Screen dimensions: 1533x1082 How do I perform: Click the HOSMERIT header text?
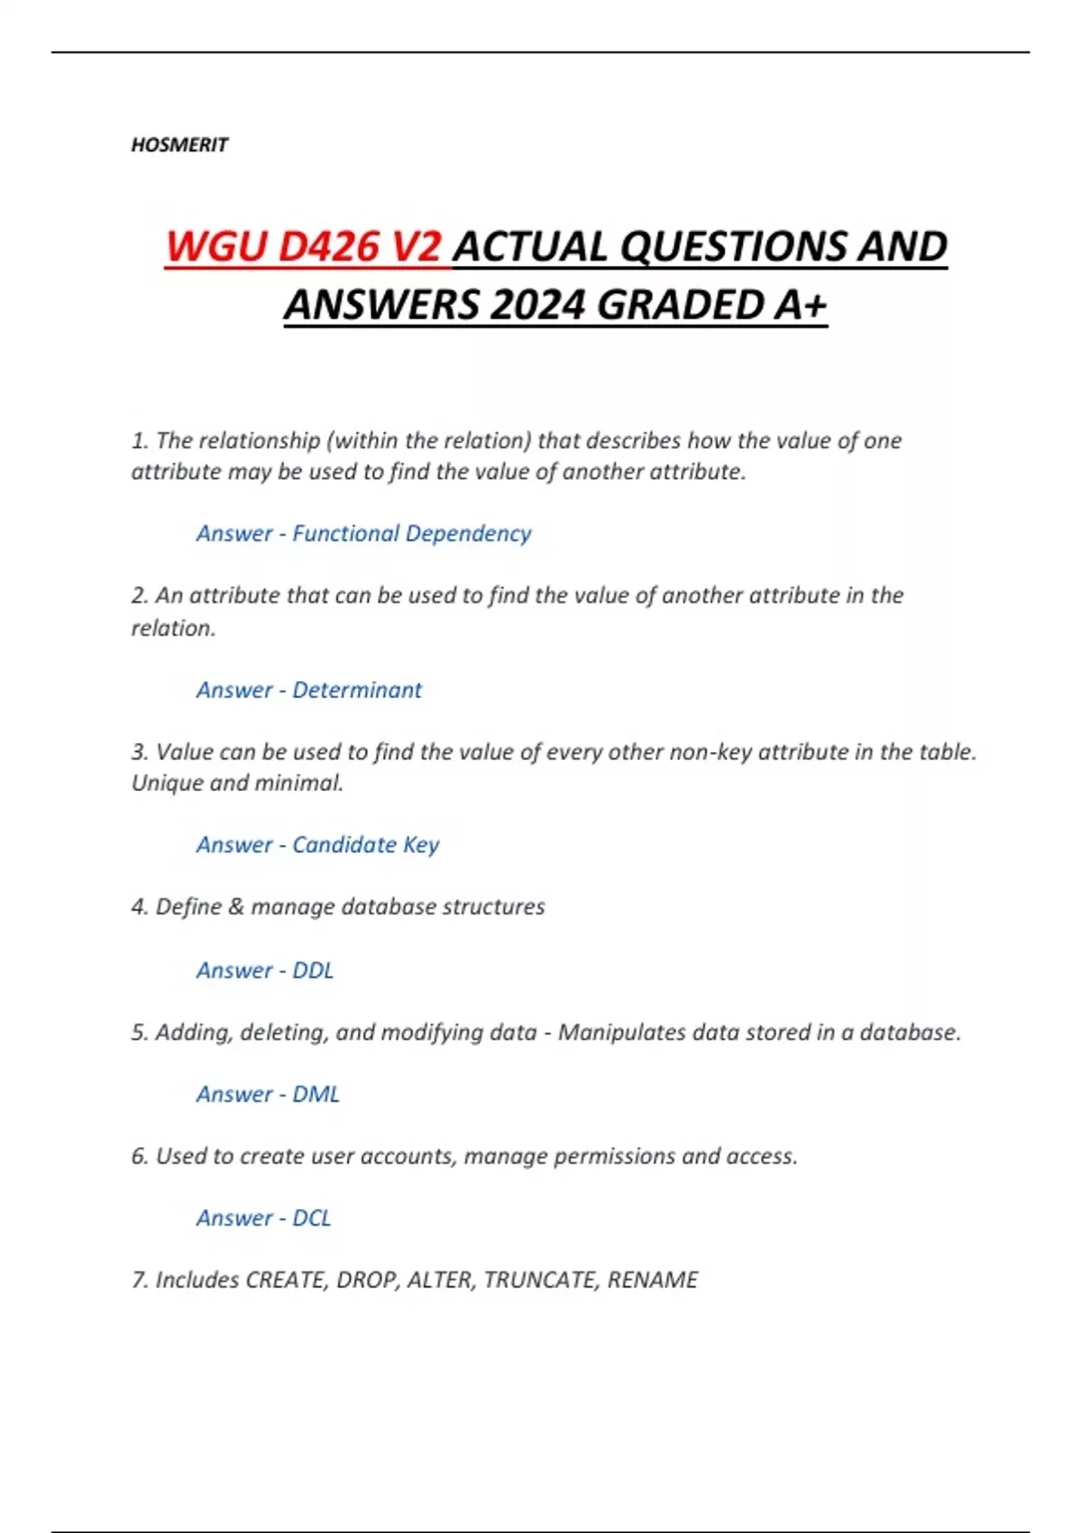click(x=179, y=145)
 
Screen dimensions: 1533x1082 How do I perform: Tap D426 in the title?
click(x=327, y=247)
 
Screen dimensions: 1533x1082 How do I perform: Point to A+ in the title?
click(x=800, y=305)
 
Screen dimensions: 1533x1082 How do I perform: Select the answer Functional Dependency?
click(x=411, y=534)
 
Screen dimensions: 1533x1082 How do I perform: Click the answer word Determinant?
click(x=357, y=690)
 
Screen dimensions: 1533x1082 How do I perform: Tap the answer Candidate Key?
click(x=365, y=845)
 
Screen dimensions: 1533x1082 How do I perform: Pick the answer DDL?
click(x=313, y=970)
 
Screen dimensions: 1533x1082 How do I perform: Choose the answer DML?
click(x=316, y=1094)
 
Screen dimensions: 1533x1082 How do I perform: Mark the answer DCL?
click(x=312, y=1218)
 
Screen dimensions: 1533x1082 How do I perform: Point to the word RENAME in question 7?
click(x=653, y=1281)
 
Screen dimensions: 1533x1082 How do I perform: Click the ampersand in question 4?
click(x=236, y=907)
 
